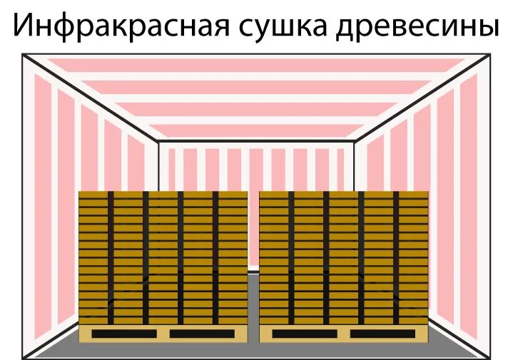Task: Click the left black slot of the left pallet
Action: (x=124, y=334)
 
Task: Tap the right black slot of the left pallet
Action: (x=202, y=334)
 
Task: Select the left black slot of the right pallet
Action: (x=305, y=334)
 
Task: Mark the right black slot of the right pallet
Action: (x=382, y=334)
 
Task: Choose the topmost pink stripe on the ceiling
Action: (x=257, y=64)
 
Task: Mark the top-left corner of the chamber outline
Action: (x=23, y=55)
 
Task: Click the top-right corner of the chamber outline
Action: (x=489, y=55)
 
